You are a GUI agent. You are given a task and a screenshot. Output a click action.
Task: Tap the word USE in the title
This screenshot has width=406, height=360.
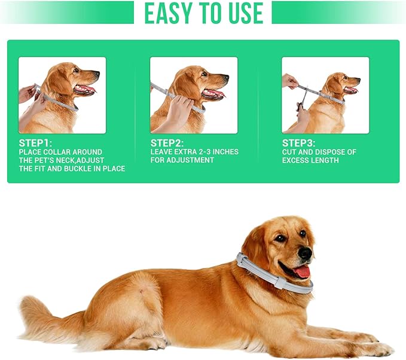246,13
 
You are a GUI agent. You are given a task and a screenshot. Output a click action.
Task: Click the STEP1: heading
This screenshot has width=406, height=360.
35,143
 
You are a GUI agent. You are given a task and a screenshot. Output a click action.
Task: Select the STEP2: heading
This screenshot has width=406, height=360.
167,143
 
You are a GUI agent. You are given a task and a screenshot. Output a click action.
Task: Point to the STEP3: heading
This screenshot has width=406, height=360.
298,143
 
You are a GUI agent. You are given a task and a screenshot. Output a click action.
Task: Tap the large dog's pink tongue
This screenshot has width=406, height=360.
301,272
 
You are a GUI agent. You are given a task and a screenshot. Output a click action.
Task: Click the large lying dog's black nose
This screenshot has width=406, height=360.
306,254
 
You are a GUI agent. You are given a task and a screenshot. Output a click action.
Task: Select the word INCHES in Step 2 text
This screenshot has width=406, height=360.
225,152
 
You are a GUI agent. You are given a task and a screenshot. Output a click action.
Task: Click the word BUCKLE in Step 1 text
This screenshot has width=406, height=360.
79,169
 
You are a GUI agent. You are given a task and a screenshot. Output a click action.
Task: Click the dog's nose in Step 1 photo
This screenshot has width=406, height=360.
97,74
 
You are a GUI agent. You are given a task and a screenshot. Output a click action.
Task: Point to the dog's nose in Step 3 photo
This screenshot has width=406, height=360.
358,80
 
